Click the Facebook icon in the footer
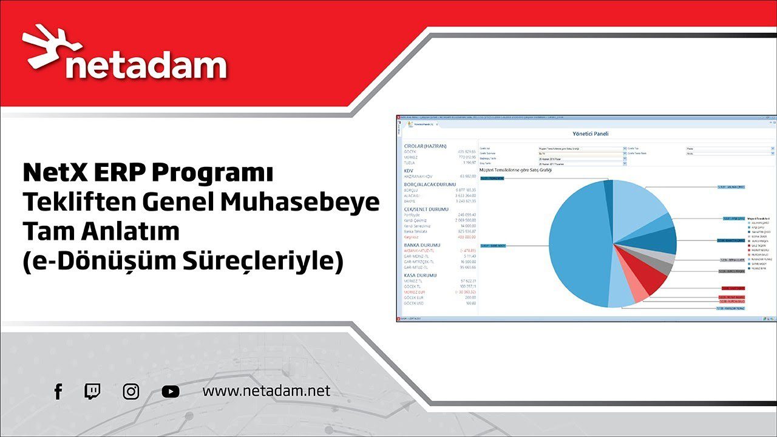click(58, 391)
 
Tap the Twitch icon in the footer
click(92, 391)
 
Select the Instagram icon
click(131, 391)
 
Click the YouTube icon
click(171, 391)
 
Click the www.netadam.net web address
click(266, 391)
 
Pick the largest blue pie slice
click(580, 243)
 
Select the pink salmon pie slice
click(639, 291)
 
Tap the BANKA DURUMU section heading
click(423, 245)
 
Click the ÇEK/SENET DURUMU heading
click(427, 209)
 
